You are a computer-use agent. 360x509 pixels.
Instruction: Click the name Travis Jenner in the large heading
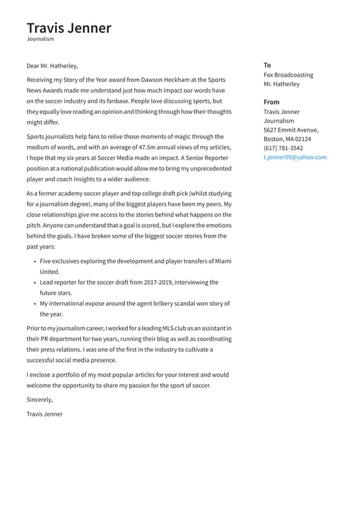coord(69,28)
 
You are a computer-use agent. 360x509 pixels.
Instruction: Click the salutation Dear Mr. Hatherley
coord(52,66)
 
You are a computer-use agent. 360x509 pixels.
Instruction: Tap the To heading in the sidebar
coord(267,66)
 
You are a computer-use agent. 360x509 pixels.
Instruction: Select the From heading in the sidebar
coord(271,103)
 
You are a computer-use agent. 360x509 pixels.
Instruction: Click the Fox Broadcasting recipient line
coord(288,75)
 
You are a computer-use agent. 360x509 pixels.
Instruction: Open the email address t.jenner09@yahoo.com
coord(294,158)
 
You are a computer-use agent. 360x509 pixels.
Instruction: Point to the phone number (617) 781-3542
coord(283,148)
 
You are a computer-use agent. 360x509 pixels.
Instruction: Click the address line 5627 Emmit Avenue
coord(291,130)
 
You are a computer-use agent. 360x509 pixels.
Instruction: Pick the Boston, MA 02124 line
coord(287,140)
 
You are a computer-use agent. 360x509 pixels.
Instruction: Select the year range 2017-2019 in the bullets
coord(154,283)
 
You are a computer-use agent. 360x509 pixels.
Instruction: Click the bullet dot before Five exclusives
coord(34,261)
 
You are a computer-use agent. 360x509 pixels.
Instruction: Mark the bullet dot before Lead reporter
coord(34,283)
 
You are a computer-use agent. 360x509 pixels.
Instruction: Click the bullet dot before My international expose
coord(34,304)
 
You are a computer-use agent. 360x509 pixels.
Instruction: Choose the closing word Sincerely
coord(39,400)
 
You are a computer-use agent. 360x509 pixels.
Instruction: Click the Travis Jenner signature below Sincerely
coord(44,414)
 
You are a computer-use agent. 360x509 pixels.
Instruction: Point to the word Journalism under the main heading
coord(40,39)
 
